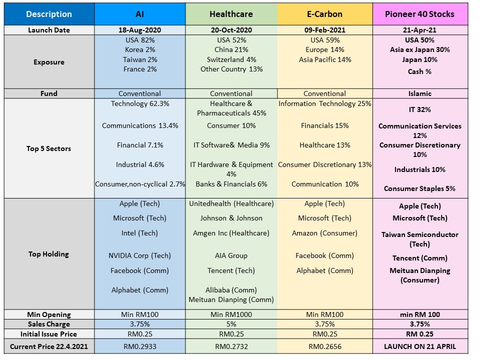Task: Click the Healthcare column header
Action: coord(231,14)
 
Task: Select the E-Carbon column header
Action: coord(324,14)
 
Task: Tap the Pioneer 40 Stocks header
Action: coord(419,14)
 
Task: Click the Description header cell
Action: coord(49,14)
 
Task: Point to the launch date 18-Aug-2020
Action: coord(139,30)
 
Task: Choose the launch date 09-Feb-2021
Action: coord(324,30)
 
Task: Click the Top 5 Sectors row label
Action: coord(49,148)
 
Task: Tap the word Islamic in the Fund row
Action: coord(419,93)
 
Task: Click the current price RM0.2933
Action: coord(139,346)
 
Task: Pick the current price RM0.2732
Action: coord(231,346)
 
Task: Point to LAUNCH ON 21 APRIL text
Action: coord(419,346)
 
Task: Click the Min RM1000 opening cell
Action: coord(231,314)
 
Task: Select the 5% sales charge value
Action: coord(231,324)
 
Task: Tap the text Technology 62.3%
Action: coord(139,103)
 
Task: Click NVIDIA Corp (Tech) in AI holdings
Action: coord(139,255)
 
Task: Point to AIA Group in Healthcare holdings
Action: coord(231,255)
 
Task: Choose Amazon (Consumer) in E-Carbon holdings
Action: coord(324,233)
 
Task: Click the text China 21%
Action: coord(231,49)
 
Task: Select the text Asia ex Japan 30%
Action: coord(419,49)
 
